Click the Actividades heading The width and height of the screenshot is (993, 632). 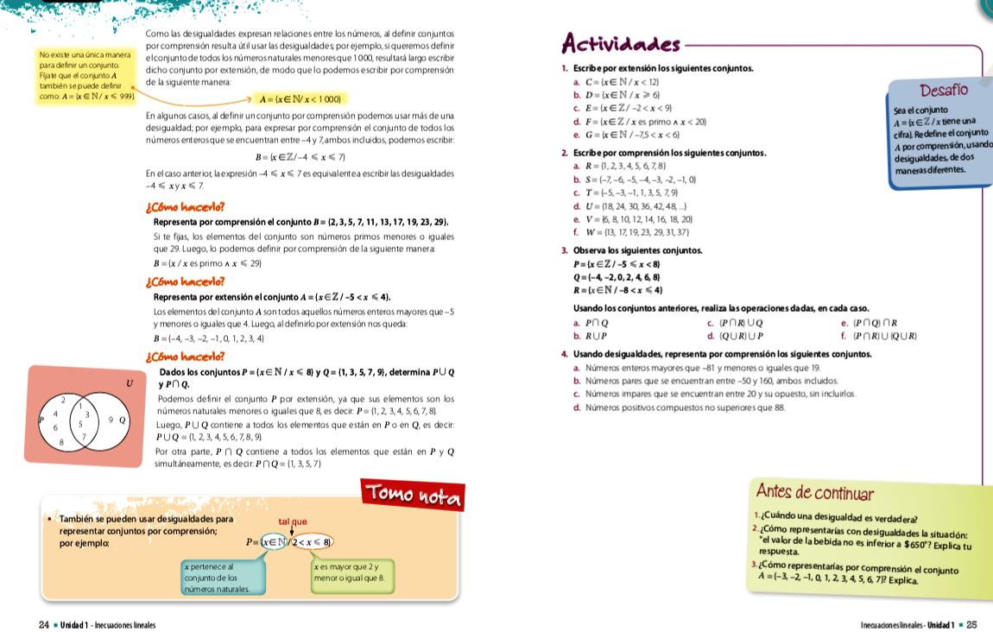pyautogui.click(x=620, y=42)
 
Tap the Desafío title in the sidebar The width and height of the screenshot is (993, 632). pyautogui.click(x=944, y=91)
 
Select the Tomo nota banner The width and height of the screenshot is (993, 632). pyautogui.click(x=413, y=494)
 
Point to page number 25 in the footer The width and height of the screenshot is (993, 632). pyautogui.click(x=971, y=623)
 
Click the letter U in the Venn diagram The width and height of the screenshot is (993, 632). pyautogui.click(x=130, y=382)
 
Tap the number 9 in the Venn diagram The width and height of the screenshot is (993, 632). pyautogui.click(x=110, y=420)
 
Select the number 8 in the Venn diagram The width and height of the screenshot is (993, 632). pyautogui.click(x=61, y=442)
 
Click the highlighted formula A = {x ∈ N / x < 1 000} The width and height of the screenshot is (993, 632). pyautogui.click(x=299, y=99)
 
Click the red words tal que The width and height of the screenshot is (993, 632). pyautogui.click(x=293, y=521)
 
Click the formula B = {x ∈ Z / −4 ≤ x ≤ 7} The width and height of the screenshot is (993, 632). pyautogui.click(x=300, y=156)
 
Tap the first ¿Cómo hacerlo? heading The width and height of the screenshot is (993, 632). pyautogui.click(x=186, y=207)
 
